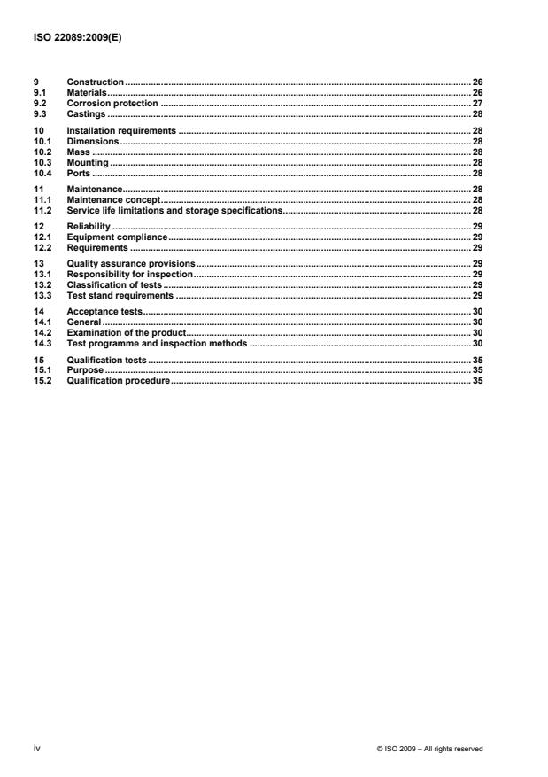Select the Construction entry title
tap(95, 82)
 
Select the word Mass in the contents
tap(78, 152)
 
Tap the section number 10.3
tap(41, 163)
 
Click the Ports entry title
tap(79, 174)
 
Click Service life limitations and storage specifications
tap(174, 212)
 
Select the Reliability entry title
tap(89, 228)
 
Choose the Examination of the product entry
tap(127, 331)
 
